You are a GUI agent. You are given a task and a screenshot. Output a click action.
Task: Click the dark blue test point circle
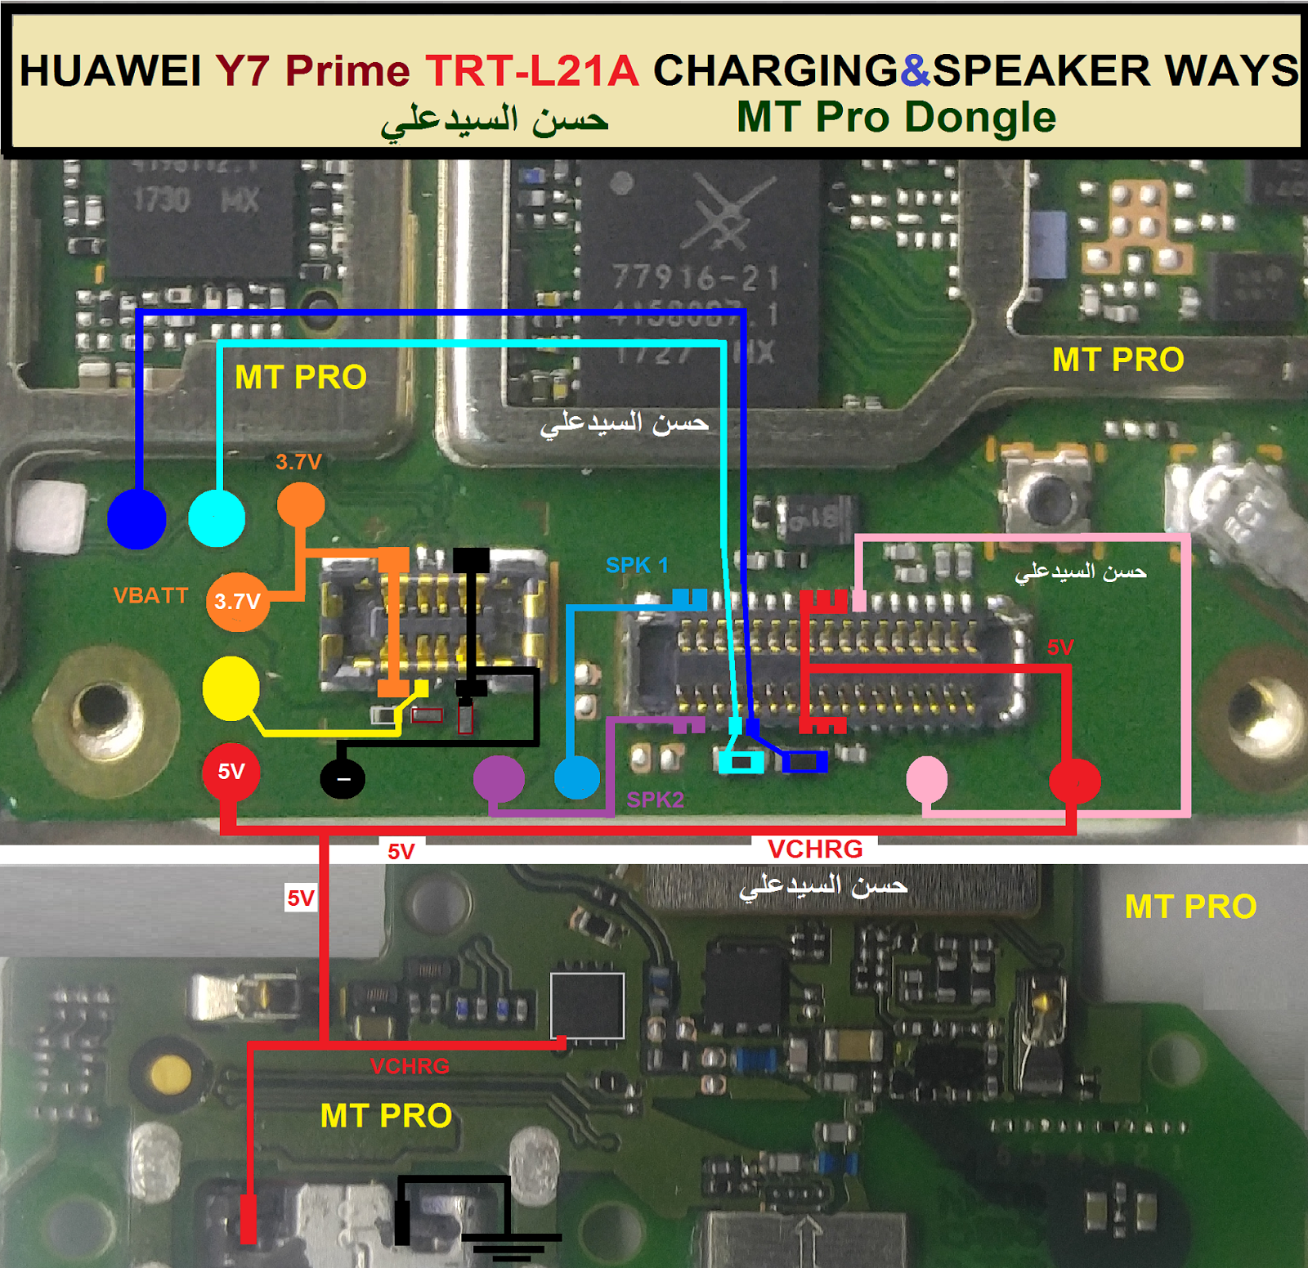(137, 519)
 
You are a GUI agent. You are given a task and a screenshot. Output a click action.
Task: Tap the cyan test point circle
(217, 518)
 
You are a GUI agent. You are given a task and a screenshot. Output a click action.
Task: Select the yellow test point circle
(231, 688)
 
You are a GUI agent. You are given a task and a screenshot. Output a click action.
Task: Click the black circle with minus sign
(343, 777)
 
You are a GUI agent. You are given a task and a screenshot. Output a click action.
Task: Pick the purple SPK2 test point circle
(499, 777)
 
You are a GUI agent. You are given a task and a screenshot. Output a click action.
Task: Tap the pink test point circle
(927, 778)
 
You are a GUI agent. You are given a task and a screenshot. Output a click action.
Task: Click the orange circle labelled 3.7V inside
(238, 602)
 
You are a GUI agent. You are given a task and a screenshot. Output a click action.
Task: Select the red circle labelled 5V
(231, 772)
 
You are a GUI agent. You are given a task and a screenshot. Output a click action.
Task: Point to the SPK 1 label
(637, 565)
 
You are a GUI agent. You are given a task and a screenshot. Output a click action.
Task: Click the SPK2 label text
(655, 800)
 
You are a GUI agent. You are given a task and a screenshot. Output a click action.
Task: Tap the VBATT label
(151, 595)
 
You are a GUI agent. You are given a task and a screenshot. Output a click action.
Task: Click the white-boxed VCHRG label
(815, 849)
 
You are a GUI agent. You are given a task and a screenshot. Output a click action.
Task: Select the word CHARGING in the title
(775, 70)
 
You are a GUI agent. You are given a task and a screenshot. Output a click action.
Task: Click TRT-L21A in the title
(531, 70)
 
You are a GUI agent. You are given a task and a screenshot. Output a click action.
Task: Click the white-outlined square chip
(587, 1006)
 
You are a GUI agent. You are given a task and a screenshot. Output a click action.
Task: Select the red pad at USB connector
(248, 1219)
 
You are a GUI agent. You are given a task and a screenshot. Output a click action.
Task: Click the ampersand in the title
(916, 70)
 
